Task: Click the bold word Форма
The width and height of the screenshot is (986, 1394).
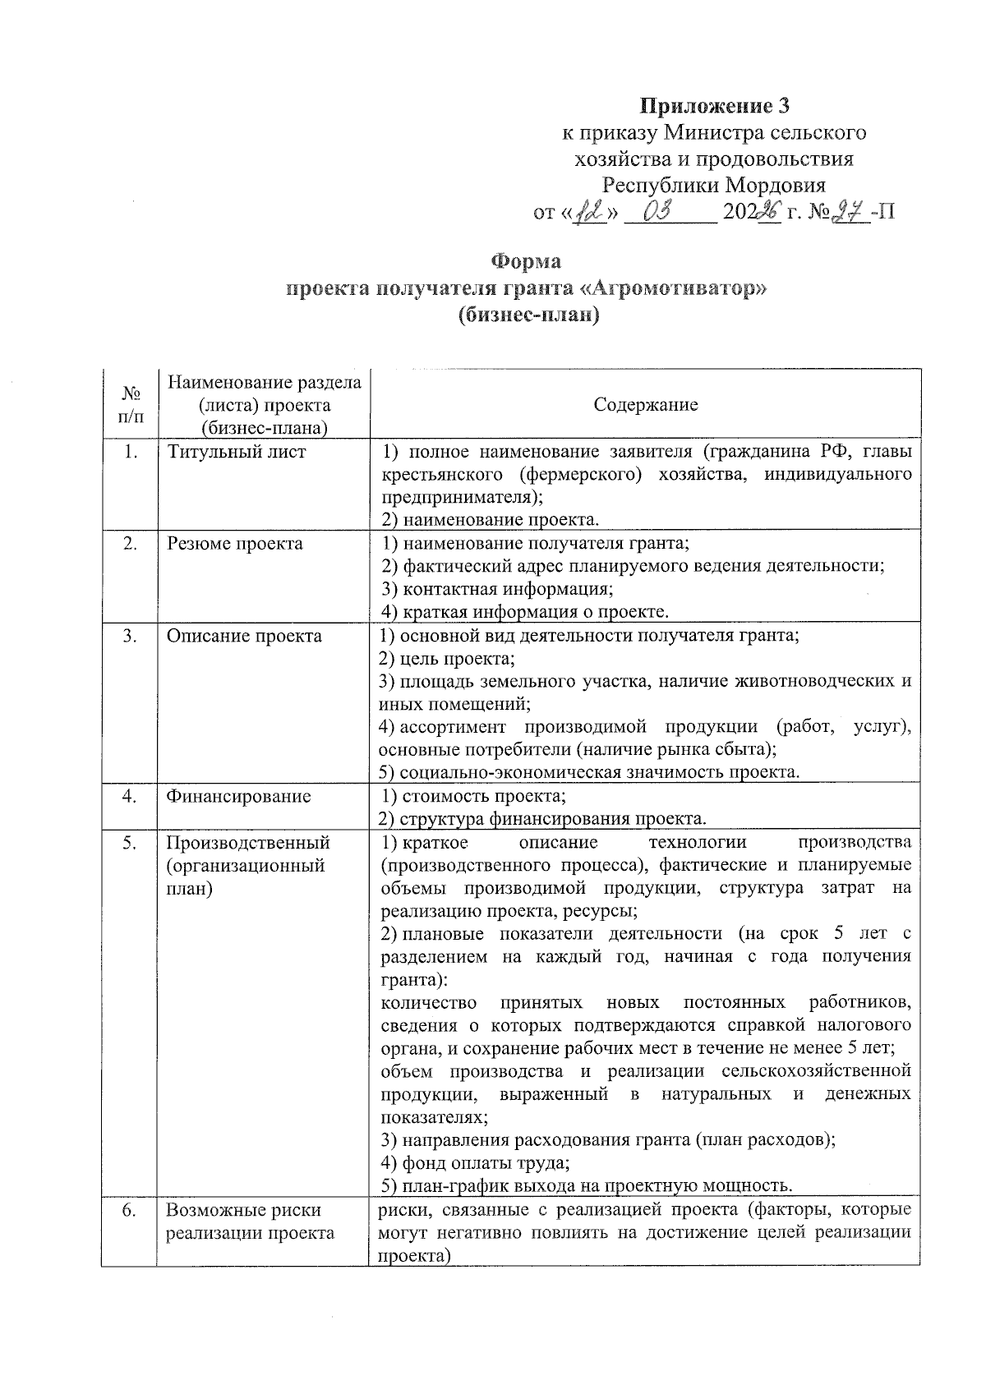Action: pyautogui.click(x=526, y=263)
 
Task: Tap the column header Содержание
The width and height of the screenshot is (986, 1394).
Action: pyautogui.click(x=645, y=405)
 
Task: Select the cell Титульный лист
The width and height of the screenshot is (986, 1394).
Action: pyautogui.click(x=237, y=453)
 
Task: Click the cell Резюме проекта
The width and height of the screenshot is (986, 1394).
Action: pyautogui.click(x=235, y=544)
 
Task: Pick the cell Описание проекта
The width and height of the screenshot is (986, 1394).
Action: pyautogui.click(x=244, y=637)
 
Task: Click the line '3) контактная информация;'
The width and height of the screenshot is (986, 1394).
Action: pyautogui.click(x=498, y=589)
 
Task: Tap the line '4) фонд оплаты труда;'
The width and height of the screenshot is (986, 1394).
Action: pyautogui.click(x=476, y=1163)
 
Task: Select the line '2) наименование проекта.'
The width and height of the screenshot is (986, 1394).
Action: pyautogui.click(x=491, y=520)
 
